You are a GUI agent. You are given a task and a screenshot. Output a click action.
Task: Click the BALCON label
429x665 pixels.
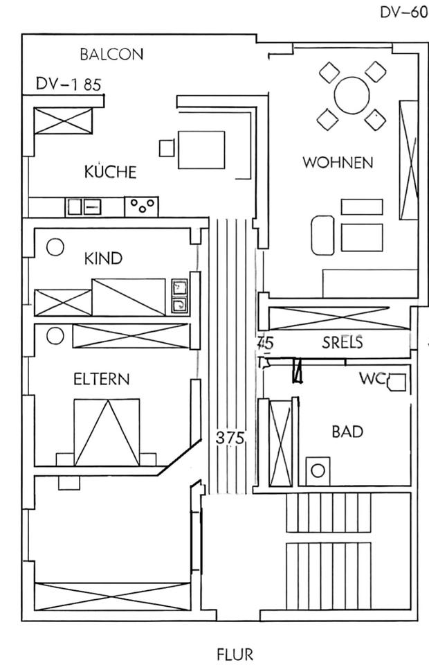point(111,54)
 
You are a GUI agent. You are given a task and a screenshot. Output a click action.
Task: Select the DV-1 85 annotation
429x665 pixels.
point(69,85)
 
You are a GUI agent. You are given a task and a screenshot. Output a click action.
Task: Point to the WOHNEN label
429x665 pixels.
point(338,163)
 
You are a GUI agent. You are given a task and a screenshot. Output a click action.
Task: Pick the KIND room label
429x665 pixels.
point(103,258)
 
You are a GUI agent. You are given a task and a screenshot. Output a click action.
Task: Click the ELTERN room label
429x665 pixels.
point(101,379)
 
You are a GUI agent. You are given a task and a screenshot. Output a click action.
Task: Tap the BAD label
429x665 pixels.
point(347,432)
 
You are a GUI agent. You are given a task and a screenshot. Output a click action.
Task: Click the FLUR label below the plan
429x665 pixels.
point(235,653)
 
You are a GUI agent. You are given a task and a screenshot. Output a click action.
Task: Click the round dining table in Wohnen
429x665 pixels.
point(352,95)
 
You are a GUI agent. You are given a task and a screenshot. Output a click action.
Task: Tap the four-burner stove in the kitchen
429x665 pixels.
point(141,205)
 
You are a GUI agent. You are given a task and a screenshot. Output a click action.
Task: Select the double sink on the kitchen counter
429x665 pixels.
point(84,206)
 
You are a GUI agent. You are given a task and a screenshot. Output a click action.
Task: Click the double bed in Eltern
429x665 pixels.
point(107,432)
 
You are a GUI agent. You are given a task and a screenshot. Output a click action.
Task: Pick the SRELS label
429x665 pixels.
point(343,342)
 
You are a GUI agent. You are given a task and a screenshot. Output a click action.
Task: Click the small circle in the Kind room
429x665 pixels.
point(55,246)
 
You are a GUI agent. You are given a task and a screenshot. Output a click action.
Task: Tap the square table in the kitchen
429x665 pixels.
point(201,150)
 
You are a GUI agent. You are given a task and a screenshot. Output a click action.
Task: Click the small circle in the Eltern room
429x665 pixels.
point(55,336)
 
